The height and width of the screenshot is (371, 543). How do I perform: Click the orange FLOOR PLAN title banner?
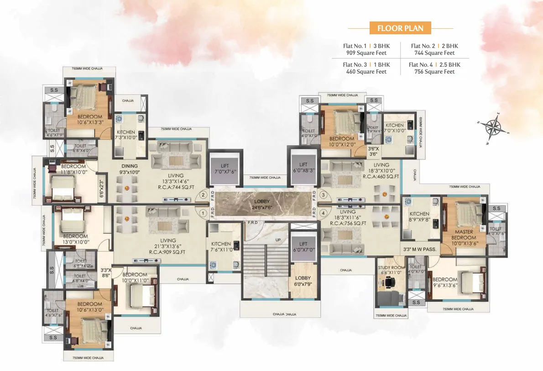[x=400, y=28]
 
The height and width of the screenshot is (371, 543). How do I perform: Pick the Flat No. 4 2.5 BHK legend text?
[x=434, y=68]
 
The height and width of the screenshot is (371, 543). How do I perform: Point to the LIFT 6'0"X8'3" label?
[x=303, y=167]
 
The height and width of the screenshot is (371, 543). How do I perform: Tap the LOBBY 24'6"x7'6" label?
[x=262, y=204]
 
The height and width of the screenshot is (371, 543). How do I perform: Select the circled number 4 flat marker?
[x=324, y=212]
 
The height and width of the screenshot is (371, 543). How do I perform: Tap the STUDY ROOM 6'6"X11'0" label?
[x=391, y=270]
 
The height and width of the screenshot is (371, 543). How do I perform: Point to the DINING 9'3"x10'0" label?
[x=130, y=169]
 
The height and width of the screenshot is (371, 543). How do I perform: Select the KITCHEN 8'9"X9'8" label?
[x=419, y=217]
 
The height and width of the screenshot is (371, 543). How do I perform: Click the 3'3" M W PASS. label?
[x=420, y=249]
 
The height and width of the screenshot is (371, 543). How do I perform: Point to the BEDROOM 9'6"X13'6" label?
[x=444, y=282]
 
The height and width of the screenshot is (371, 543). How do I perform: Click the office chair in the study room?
[x=388, y=283]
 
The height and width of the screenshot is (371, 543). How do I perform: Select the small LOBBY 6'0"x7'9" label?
[x=303, y=281]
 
